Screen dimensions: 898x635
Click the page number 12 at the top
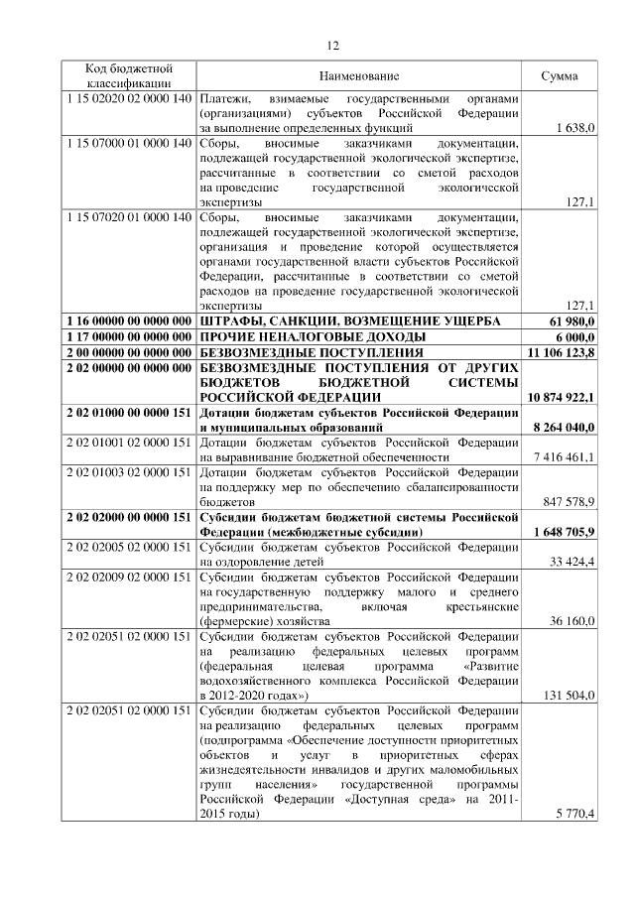tap(333, 45)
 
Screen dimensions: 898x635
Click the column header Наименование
tap(359, 76)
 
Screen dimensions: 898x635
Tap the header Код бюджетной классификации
tap(129, 76)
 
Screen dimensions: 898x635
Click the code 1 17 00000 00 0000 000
tap(129, 336)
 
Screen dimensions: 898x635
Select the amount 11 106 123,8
tap(562, 352)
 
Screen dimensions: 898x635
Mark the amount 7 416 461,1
tap(564, 457)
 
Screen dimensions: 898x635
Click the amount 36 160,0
tap(572, 621)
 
